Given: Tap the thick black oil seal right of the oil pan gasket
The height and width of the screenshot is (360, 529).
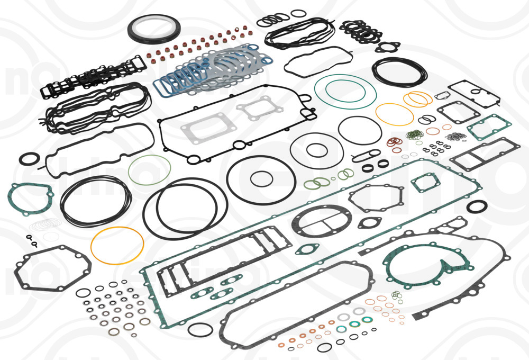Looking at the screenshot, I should coord(478,206).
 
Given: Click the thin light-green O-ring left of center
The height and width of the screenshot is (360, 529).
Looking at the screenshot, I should coord(150,169).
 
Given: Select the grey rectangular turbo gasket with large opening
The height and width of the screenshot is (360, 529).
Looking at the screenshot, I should coord(199,130).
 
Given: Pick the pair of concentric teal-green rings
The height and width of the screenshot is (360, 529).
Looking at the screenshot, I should coord(345,92).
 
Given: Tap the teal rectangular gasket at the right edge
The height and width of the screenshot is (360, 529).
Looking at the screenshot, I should coord(486,127).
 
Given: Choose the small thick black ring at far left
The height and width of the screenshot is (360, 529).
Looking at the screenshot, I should coord(29,158).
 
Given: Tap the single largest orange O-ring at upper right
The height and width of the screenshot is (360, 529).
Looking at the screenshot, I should coord(394,114).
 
